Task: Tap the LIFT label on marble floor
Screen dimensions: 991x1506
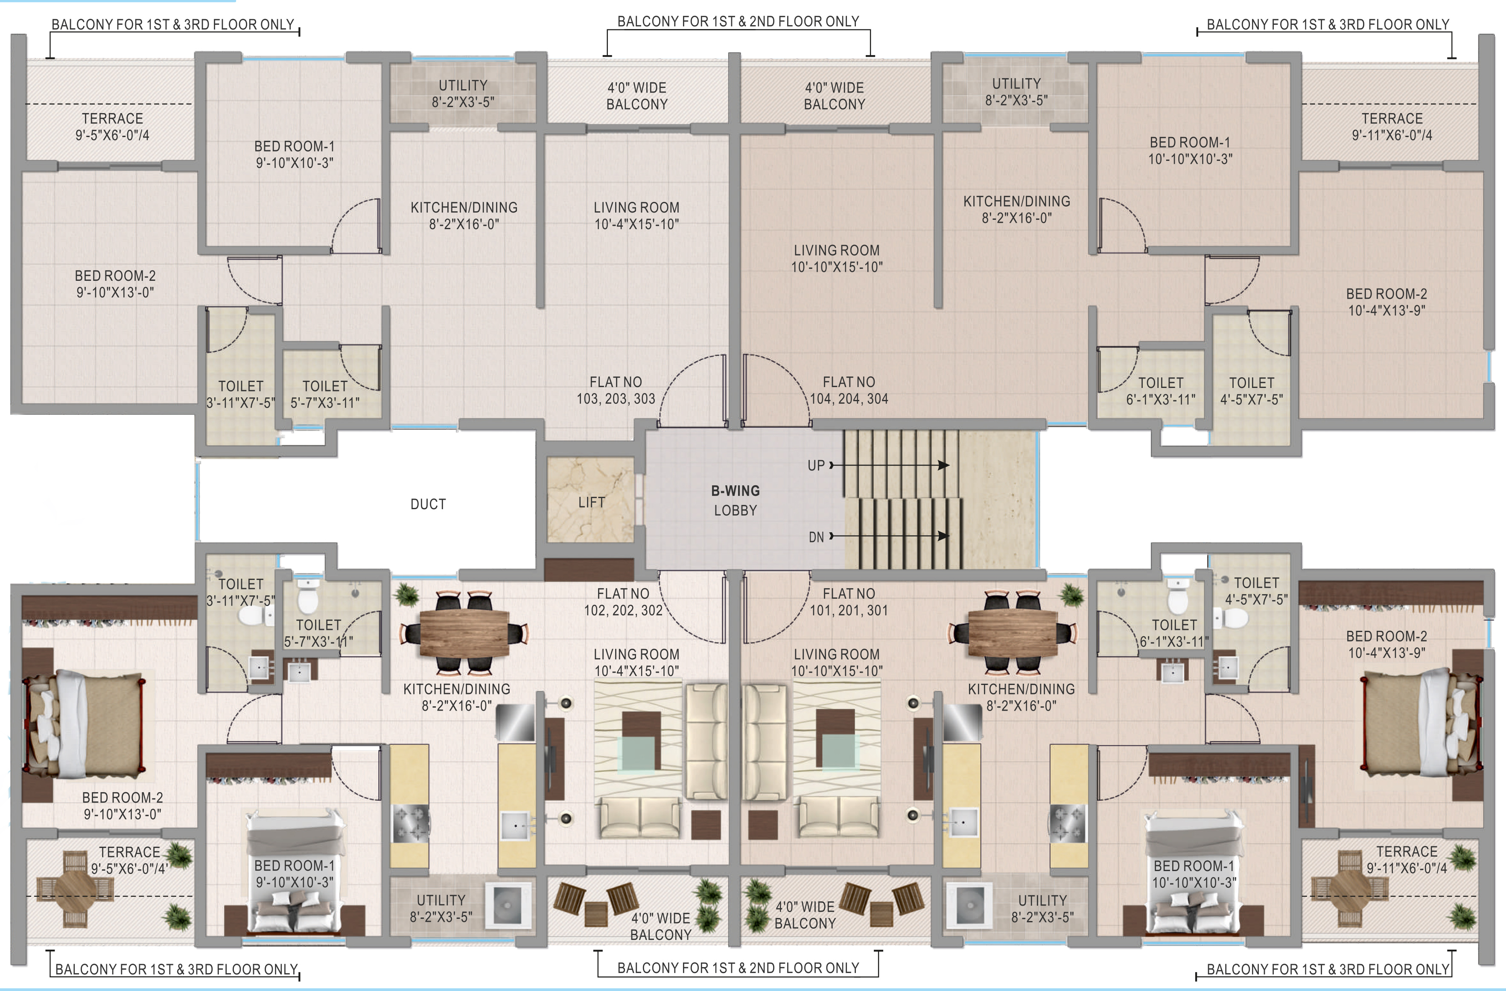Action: click(x=591, y=502)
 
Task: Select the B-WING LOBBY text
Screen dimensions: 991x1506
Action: click(x=735, y=500)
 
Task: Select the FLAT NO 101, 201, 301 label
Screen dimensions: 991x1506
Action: click(x=849, y=602)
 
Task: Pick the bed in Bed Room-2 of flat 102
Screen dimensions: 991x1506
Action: click(x=89, y=725)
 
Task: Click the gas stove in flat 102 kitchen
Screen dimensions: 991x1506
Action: click(x=410, y=823)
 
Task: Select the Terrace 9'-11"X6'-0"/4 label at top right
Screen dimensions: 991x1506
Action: click(x=1392, y=127)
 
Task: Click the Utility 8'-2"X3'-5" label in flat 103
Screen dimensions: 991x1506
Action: click(x=463, y=93)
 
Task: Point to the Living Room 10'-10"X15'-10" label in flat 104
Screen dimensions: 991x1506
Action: click(x=837, y=258)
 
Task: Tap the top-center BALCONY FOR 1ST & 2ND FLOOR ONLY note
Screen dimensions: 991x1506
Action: click(x=738, y=21)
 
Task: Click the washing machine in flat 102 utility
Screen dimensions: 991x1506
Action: click(x=507, y=906)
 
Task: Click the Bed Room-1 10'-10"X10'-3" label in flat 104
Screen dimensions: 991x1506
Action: click(x=1190, y=151)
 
